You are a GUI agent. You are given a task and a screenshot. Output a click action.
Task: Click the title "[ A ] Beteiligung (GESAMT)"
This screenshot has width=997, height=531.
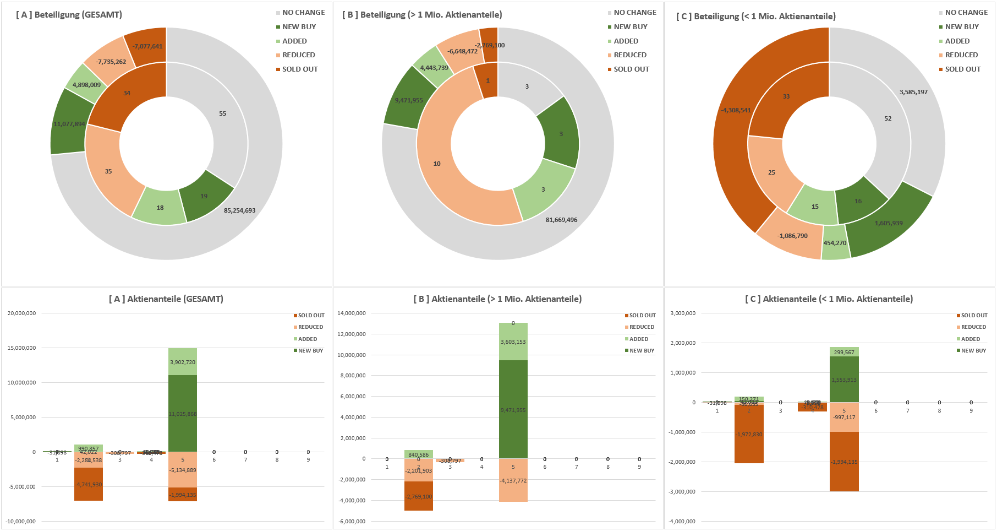coord(69,15)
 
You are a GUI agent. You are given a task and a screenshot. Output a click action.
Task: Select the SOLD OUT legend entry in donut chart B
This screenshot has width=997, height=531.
coord(631,69)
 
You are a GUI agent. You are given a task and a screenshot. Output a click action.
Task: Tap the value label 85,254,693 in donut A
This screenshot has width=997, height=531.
coord(239,210)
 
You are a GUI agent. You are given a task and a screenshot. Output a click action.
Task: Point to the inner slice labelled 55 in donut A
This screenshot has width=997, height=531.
coord(222,113)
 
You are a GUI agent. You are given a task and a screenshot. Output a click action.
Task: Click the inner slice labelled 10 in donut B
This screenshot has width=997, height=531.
coord(437,164)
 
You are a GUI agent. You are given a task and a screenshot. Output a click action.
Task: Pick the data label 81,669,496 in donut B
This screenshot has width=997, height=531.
coord(561,220)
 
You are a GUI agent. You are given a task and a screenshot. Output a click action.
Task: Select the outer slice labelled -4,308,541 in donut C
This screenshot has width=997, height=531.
coord(736,110)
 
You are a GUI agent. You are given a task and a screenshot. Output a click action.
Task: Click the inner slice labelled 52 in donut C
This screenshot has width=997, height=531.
coord(888,118)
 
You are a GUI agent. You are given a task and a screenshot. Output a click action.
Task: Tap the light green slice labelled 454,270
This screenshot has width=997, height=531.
coord(835,243)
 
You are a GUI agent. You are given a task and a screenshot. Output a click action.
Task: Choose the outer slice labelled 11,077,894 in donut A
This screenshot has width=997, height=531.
coord(69,124)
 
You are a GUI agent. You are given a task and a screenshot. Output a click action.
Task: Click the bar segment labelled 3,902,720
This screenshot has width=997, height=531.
coord(183,362)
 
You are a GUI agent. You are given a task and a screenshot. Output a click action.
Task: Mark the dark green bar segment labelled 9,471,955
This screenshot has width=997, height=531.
coord(513,410)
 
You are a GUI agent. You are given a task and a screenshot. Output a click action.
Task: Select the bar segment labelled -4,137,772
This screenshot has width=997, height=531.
coord(513,481)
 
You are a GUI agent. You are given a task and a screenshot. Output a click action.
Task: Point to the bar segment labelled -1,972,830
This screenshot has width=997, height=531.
coord(749,435)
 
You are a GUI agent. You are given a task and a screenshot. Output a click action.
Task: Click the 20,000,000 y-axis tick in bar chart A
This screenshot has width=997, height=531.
coord(21,313)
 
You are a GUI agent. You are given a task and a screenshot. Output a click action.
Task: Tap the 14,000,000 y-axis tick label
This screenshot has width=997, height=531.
coord(351,313)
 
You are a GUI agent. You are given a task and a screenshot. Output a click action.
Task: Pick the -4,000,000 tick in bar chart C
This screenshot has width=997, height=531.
coord(682,522)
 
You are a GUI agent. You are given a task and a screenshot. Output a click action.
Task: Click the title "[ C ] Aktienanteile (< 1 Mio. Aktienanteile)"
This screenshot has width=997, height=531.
coord(829,299)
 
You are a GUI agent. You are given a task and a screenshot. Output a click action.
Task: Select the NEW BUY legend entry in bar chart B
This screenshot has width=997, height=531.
coord(642,351)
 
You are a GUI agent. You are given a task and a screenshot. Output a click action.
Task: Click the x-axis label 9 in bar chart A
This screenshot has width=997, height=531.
coord(308,460)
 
